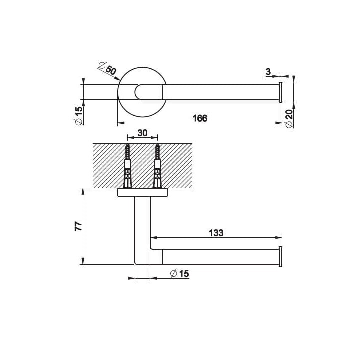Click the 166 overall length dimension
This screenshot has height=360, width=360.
(200, 118)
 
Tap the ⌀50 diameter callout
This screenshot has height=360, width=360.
(107, 68)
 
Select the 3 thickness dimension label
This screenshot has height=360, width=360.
(268, 72)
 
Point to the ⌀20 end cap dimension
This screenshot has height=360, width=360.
(289, 118)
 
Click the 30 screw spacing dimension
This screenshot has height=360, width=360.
(142, 133)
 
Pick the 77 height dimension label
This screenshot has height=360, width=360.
(78, 226)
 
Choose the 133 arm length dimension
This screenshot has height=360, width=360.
(216, 233)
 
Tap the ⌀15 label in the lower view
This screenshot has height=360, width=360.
(180, 273)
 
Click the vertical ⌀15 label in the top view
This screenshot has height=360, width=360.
(79, 116)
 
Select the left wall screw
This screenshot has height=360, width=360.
(128, 166)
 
